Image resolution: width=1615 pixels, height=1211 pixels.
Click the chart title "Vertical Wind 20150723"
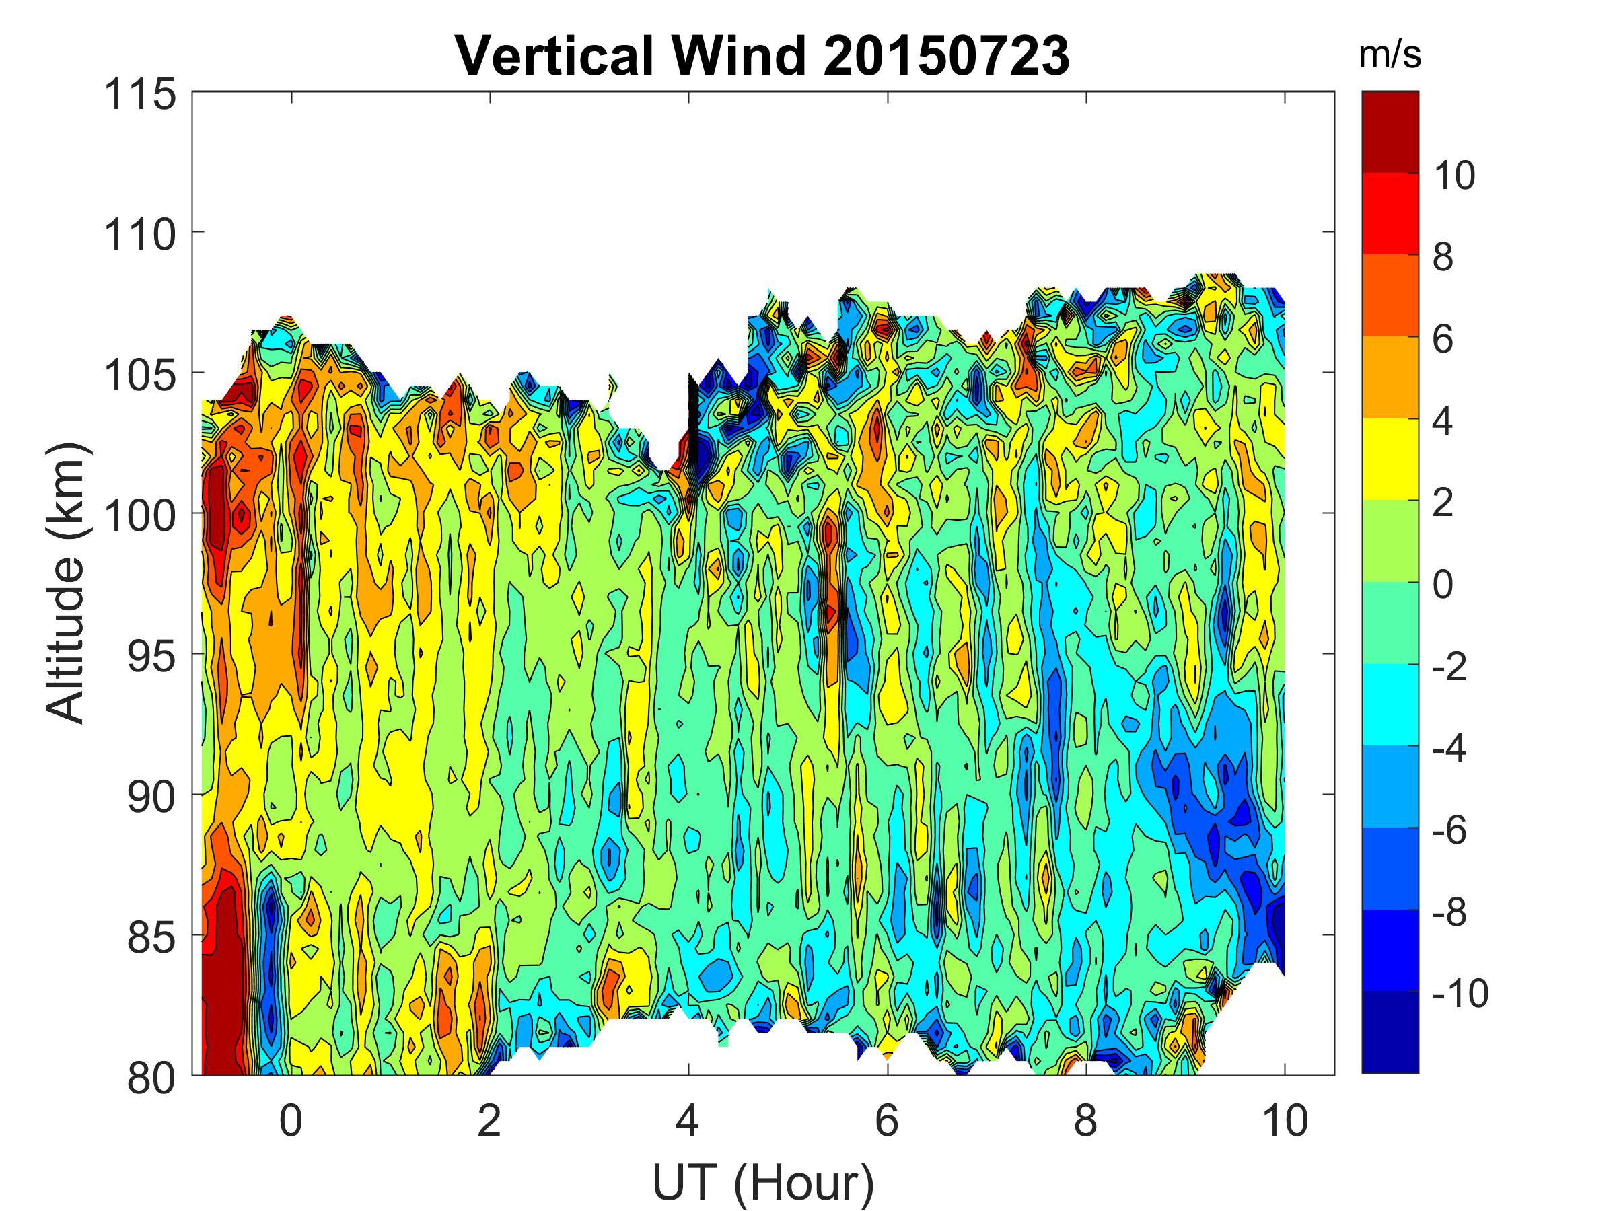pyautogui.click(x=762, y=55)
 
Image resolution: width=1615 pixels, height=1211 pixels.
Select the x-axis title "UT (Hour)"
pyautogui.click(x=762, y=1183)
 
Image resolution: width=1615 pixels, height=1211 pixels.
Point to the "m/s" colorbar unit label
pyautogui.click(x=1390, y=55)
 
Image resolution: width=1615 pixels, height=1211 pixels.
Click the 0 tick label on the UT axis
pyautogui.click(x=291, y=1120)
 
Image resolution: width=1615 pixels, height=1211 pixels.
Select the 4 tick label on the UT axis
pyautogui.click(x=688, y=1120)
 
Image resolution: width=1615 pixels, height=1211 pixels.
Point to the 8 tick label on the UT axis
pyautogui.click(x=1085, y=1120)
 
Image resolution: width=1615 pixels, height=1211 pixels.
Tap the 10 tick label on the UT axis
pyautogui.click(x=1285, y=1120)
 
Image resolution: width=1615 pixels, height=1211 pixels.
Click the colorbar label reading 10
pyautogui.click(x=1453, y=175)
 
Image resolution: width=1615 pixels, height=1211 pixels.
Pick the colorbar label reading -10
pyautogui.click(x=1460, y=994)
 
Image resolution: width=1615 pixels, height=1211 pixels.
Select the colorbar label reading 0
pyautogui.click(x=1443, y=585)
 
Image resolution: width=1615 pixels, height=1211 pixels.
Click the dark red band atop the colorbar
pyautogui.click(x=1390, y=132)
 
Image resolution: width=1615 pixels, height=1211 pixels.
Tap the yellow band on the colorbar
pyautogui.click(x=1390, y=459)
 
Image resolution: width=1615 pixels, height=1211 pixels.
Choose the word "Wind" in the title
pyautogui.click(x=738, y=55)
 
